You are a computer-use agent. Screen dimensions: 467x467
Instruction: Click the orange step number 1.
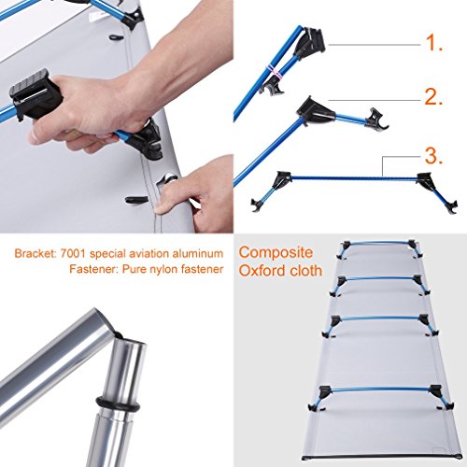click(433, 43)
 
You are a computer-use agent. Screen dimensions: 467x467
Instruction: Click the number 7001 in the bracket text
click(72, 253)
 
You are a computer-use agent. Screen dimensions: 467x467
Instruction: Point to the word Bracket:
click(35, 253)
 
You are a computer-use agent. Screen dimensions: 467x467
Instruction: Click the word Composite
click(276, 253)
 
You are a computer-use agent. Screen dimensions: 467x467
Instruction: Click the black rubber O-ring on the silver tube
click(118, 403)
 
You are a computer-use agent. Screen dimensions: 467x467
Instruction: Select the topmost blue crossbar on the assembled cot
click(377, 243)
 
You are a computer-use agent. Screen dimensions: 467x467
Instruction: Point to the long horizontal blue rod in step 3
click(354, 178)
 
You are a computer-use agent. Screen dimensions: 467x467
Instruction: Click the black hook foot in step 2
click(377, 120)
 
